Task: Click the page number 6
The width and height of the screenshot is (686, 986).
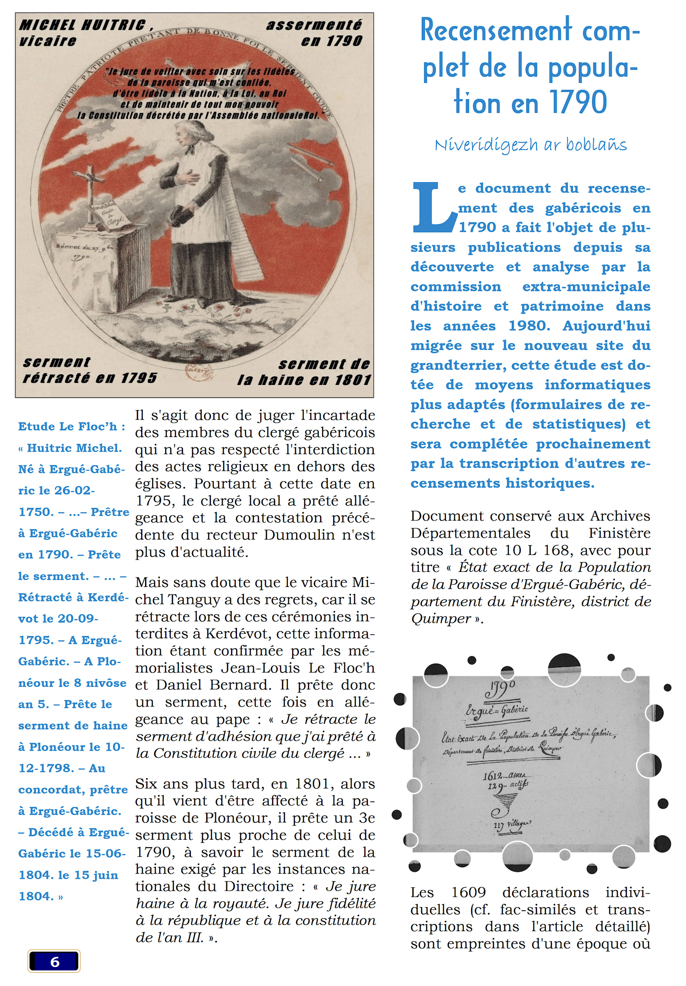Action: click(x=54, y=962)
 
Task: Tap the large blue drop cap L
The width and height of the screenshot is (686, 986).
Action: click(x=433, y=207)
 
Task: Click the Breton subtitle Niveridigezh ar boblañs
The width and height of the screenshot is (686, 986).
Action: click(x=530, y=145)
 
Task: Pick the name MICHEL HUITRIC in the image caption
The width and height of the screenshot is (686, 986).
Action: click(x=83, y=25)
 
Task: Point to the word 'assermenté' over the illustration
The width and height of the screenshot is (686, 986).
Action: click(x=314, y=25)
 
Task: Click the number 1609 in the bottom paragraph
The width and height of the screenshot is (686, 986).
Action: click(x=468, y=893)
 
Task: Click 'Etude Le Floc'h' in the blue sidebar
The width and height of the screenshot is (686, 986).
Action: click(x=67, y=426)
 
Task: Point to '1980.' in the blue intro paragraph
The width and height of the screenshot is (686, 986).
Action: click(x=529, y=326)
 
